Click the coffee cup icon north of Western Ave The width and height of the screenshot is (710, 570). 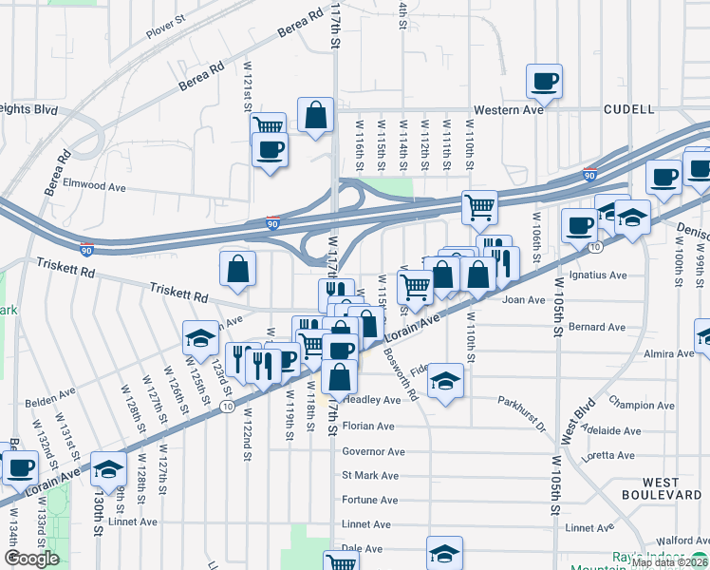pyautogui.click(x=544, y=82)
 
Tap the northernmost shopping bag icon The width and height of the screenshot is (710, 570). pyautogui.click(x=315, y=115)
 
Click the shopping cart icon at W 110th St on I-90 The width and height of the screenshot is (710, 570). pyautogui.click(x=480, y=207)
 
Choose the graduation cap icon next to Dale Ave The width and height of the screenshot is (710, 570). pyautogui.click(x=444, y=553)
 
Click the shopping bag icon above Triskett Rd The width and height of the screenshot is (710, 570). pyautogui.click(x=237, y=270)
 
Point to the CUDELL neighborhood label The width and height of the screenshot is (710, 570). pyautogui.click(x=628, y=110)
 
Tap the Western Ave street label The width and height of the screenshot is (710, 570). pyautogui.click(x=509, y=110)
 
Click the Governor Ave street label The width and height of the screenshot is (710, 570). pyautogui.click(x=373, y=451)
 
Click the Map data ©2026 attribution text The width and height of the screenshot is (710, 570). pyautogui.click(x=669, y=562)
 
